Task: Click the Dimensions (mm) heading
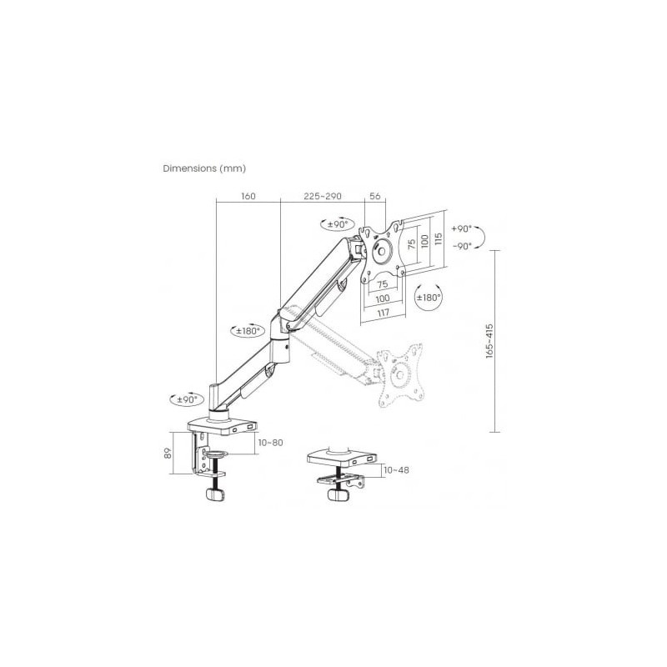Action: pyautogui.click(x=204, y=168)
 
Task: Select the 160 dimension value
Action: pyautogui.click(x=248, y=197)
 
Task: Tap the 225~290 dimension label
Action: pyautogui.click(x=323, y=197)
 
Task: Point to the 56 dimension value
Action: pyautogui.click(x=374, y=197)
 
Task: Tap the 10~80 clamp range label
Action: pyautogui.click(x=270, y=442)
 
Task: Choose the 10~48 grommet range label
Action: pyautogui.click(x=396, y=470)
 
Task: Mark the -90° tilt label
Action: pyautogui.click(x=461, y=245)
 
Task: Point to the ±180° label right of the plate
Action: pyautogui.click(x=429, y=297)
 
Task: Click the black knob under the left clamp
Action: pyautogui.click(x=217, y=494)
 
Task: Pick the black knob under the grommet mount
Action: pyautogui.click(x=338, y=494)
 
